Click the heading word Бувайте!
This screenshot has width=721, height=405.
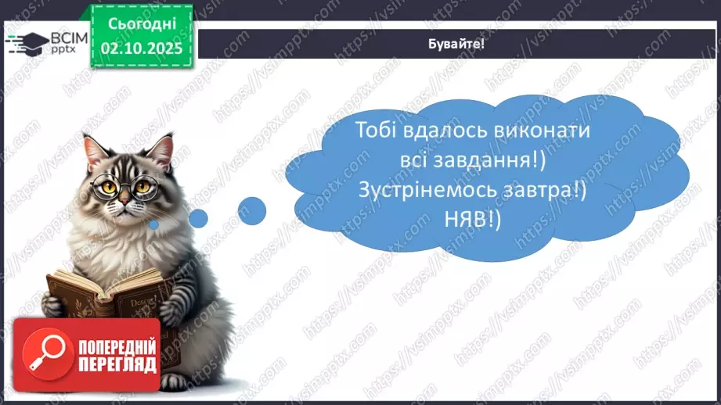pyautogui.click(x=457, y=44)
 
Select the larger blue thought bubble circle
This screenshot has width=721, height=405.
pyautogui.click(x=251, y=210)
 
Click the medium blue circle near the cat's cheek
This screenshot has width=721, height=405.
pyautogui.click(x=198, y=218)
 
